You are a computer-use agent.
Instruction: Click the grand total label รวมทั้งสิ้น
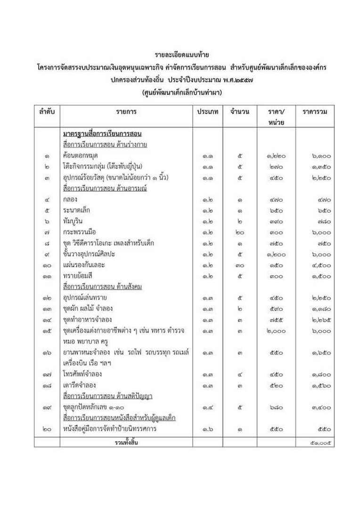tap(126, 442)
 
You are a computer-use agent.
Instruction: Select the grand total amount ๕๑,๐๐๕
tap(320, 442)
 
